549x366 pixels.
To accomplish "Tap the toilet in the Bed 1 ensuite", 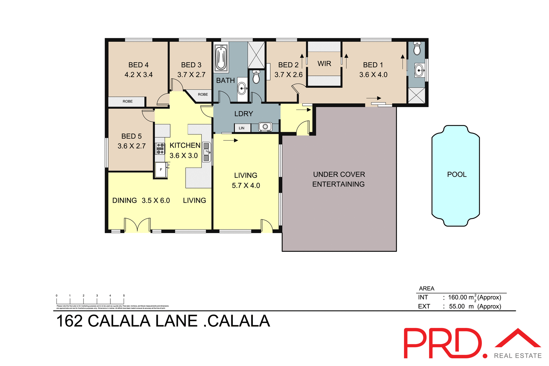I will point(417,49).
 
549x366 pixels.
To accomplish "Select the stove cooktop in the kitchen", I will point(160,149).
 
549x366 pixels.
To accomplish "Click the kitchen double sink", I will point(206,152).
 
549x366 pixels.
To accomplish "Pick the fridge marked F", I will point(161,170).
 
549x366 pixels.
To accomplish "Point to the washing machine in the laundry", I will point(265,127).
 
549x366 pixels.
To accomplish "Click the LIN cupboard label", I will point(242,128).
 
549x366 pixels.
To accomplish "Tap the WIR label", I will point(324,64).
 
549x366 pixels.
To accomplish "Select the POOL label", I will point(457,174).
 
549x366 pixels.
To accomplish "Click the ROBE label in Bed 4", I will point(128,101).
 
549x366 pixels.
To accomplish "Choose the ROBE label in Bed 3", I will point(203,94).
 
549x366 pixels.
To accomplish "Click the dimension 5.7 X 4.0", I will point(246,186).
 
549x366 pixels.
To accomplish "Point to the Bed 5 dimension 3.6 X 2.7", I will point(132,146).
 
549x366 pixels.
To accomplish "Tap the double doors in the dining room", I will point(138,225).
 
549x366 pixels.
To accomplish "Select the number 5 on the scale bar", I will point(124,296).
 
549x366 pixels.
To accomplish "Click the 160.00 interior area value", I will point(457,297).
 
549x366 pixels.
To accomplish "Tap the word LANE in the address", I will point(176,321).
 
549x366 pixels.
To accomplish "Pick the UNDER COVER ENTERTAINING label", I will point(339,179).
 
